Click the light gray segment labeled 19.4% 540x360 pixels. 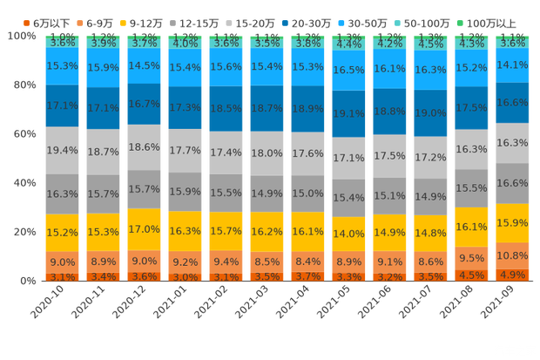tap(62, 151)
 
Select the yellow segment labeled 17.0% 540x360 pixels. tap(144, 229)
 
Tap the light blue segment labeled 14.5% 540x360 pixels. tap(144, 66)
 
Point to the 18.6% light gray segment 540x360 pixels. tap(144, 147)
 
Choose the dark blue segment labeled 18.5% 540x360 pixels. tap(226, 108)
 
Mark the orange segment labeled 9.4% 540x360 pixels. tap(226, 261)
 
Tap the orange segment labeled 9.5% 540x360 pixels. tap(471, 258)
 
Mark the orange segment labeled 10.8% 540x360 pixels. tap(512, 256)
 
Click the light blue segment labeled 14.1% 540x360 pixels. tap(512, 65)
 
